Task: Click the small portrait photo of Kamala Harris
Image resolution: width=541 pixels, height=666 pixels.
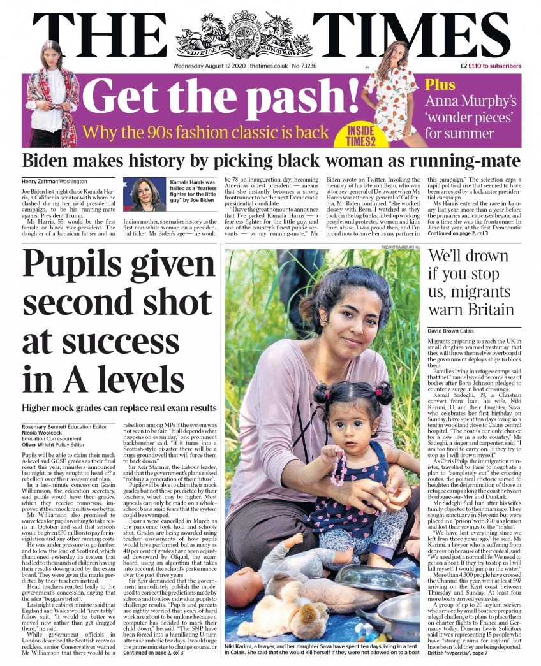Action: pyautogui.click(x=145, y=194)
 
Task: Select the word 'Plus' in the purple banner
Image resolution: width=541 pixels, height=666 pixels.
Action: pyautogui.click(x=440, y=85)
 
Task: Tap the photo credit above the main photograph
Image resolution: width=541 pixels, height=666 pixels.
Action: pyautogui.click(x=401, y=247)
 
